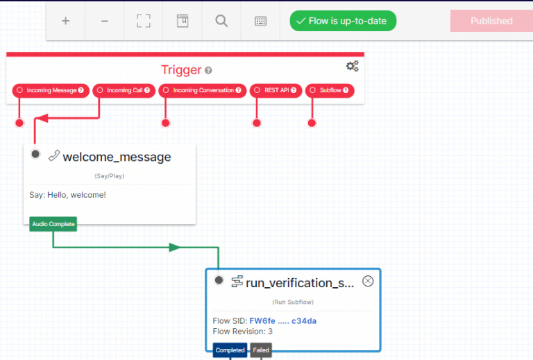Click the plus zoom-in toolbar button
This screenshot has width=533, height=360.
coord(66,21)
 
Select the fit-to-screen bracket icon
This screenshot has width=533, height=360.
coord(144,21)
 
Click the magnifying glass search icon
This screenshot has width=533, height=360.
coord(221,21)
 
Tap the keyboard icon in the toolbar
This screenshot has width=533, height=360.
coord(260,21)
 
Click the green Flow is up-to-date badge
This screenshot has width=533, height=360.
coord(343,21)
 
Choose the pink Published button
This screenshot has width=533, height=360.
coord(491,21)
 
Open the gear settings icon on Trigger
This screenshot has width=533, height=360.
coord(352,66)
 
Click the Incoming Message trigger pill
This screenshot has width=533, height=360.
coord(51,90)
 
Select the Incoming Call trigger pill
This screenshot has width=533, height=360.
coord(124,90)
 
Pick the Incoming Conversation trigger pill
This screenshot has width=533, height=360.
coord(202,90)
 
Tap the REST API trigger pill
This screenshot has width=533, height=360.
coord(276,90)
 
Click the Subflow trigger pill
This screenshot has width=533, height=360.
coord(330,90)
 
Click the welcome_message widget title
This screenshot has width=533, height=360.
coord(117,157)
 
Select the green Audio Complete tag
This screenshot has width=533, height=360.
coord(53,224)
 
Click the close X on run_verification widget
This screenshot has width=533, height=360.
coord(368,281)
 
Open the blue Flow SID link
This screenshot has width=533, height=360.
coord(283,321)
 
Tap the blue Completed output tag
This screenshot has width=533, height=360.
coord(230,350)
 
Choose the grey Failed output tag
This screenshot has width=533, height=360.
coord(261,350)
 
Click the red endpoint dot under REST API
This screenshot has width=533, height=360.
coord(257,123)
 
